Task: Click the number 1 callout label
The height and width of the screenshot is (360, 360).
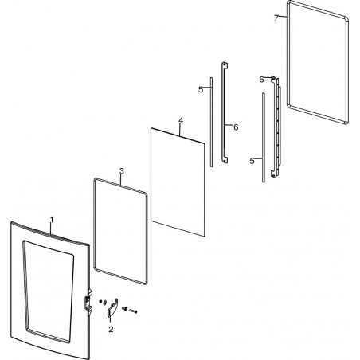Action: [52, 220]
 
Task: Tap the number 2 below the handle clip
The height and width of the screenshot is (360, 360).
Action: [111, 329]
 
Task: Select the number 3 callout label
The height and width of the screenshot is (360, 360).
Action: [122, 171]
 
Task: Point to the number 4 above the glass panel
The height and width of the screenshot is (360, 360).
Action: [181, 120]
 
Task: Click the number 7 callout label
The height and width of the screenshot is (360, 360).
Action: [276, 18]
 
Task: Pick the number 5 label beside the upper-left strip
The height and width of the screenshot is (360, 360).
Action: [201, 90]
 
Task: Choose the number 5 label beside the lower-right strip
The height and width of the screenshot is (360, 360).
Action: [252, 161]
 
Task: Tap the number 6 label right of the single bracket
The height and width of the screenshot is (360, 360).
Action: [236, 127]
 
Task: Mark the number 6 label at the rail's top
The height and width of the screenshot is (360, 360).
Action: [261, 80]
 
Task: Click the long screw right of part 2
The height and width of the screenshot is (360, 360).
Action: [133, 311]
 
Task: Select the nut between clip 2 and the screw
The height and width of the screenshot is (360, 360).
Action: [124, 308]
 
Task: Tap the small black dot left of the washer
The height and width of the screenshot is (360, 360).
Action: [100, 301]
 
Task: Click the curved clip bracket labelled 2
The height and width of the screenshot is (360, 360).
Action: [112, 307]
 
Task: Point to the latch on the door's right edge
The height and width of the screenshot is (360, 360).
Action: [88, 301]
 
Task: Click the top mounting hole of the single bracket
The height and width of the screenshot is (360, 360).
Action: [225, 65]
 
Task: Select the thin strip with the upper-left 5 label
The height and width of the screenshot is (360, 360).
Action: [212, 122]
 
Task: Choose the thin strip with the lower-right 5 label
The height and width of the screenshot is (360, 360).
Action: [264, 138]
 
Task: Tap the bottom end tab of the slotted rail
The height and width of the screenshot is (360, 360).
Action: [273, 174]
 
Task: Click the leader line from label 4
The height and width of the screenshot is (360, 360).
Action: [180, 130]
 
